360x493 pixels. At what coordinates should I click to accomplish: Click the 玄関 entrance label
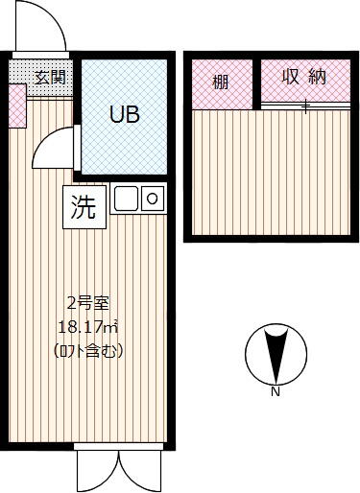point(50,78)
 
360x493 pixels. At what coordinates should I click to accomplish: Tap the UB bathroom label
point(125,114)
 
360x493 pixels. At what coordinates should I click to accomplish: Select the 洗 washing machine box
point(84,207)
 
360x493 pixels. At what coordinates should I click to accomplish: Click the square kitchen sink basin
point(126,199)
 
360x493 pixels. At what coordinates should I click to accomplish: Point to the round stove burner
point(153,199)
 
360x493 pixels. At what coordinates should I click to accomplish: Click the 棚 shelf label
point(221,82)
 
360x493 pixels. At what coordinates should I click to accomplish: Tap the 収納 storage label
point(304,77)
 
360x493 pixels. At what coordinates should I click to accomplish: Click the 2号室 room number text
point(88,303)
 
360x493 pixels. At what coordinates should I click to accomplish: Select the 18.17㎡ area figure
point(87,327)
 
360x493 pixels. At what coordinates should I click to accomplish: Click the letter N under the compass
point(276,391)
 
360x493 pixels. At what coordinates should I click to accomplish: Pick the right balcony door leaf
point(140,471)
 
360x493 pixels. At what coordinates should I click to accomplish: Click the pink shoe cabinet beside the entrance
point(17,106)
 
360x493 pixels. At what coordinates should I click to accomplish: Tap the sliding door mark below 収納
point(305,106)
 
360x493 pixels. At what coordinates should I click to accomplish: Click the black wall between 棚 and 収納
point(256,84)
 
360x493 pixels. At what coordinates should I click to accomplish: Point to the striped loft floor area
point(272,173)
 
